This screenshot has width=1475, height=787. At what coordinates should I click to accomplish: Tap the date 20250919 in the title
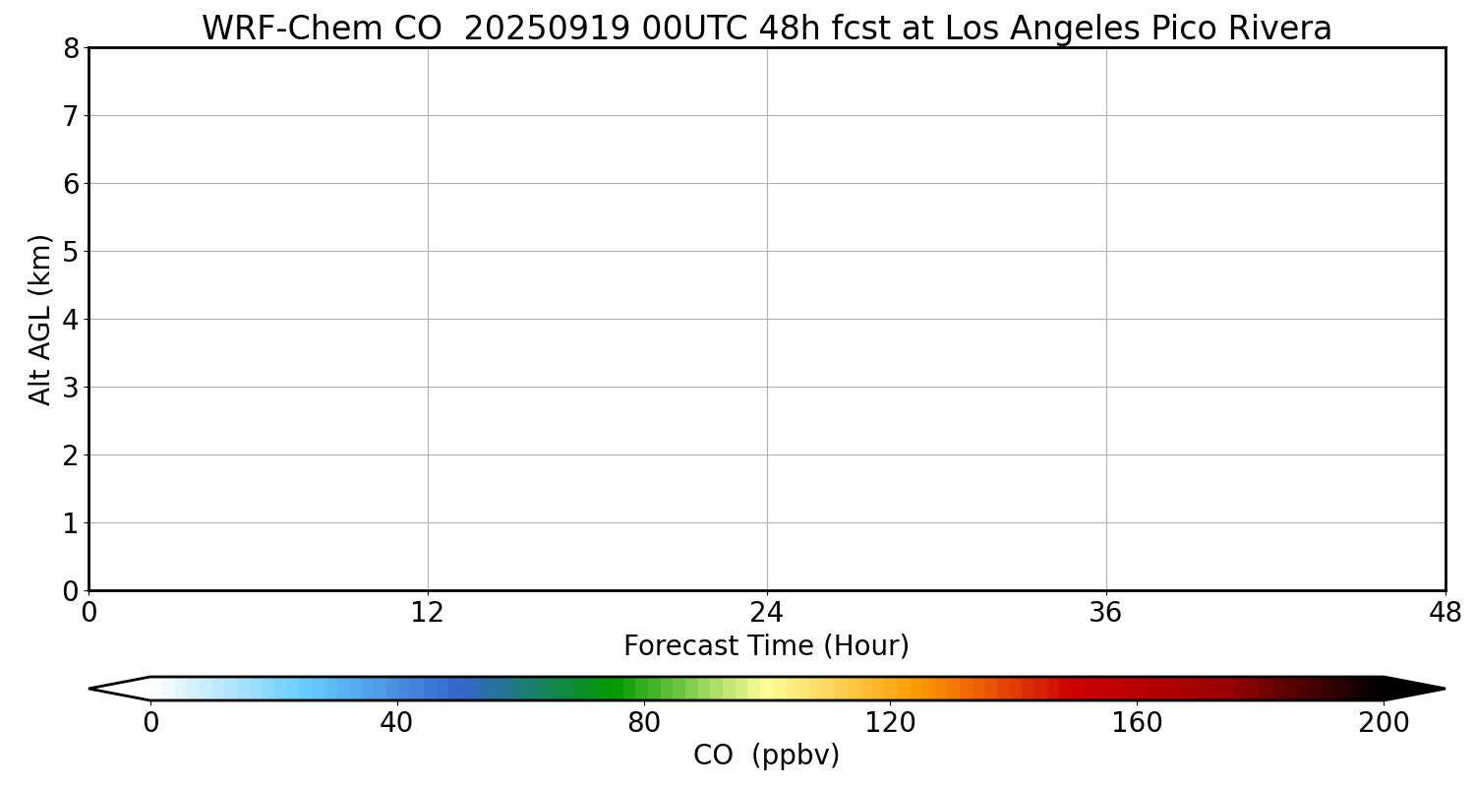pos(546,29)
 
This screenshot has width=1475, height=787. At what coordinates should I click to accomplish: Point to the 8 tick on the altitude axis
pos(71,48)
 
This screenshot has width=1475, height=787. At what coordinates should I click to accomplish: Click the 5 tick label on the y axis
pos(71,252)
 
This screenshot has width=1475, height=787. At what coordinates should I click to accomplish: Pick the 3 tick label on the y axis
pos(71,388)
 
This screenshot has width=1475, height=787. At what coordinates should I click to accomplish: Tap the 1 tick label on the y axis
pos(71,523)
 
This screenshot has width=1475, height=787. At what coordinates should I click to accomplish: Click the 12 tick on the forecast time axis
pos(428,613)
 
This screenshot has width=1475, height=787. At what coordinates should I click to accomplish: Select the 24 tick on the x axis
pos(767,613)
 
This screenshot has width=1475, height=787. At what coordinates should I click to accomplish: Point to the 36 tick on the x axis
pos(1106,613)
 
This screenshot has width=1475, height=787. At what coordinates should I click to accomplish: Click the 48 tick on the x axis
pos(1445,613)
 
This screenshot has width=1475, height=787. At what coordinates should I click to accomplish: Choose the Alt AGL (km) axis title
pos(40,319)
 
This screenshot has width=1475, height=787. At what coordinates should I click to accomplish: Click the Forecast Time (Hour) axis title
pos(766,646)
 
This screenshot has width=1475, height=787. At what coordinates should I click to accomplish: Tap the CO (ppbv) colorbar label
pos(766,756)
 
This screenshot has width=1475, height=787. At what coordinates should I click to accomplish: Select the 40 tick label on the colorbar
pos(397,723)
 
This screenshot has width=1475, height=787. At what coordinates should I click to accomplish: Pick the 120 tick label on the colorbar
pos(890,723)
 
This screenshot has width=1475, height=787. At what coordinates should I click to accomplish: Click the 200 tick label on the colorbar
pos(1384,723)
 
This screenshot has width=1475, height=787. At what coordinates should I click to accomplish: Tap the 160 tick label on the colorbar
pos(1137,723)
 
